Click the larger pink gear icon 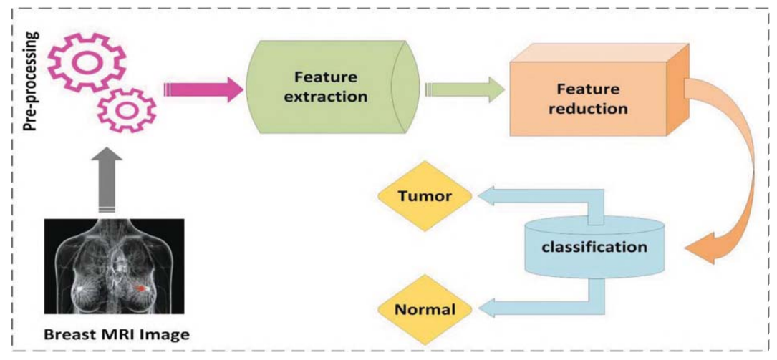coord(85,62)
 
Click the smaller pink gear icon coord(126,112)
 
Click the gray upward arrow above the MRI coord(107,179)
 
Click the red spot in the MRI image coord(143,287)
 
